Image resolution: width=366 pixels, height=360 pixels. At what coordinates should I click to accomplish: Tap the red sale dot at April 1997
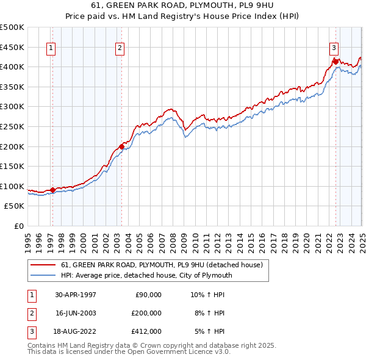[x=53, y=190]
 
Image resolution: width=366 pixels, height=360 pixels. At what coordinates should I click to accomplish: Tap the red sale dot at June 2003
[x=121, y=146]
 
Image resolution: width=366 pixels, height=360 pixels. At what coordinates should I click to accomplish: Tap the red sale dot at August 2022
[x=335, y=61]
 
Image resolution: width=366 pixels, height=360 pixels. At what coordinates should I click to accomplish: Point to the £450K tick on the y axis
[x=13, y=47]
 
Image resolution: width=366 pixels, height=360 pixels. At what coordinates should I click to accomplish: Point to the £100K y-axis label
[x=13, y=186]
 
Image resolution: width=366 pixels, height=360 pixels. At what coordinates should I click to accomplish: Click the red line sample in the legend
[x=43, y=265]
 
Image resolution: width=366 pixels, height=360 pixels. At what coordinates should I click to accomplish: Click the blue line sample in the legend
[x=43, y=275]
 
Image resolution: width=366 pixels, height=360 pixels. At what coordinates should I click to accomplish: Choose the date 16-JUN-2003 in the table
[x=76, y=313]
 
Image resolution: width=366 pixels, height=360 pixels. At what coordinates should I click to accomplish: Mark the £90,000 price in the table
[x=148, y=295]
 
